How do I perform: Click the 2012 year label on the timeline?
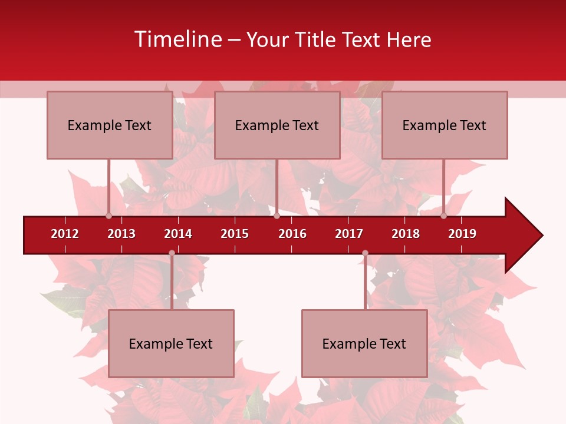click(x=65, y=234)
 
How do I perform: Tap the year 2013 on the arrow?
click(x=121, y=234)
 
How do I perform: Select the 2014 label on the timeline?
click(x=178, y=234)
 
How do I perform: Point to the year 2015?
click(x=235, y=234)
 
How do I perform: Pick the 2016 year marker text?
click(x=292, y=234)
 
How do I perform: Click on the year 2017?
click(x=349, y=234)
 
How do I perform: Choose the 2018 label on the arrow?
click(x=406, y=234)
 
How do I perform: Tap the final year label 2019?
click(x=462, y=234)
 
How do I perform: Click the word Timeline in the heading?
click(x=177, y=39)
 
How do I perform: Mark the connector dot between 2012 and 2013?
click(x=108, y=216)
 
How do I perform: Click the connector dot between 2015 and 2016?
click(x=277, y=216)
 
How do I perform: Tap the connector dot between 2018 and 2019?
click(x=443, y=216)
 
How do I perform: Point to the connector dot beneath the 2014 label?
click(x=172, y=253)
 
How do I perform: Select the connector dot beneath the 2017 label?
click(x=365, y=253)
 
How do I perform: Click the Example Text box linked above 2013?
click(x=110, y=125)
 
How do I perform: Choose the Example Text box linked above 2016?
click(x=277, y=125)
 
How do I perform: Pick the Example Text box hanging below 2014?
click(x=171, y=343)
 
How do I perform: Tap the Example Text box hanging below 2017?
click(x=364, y=343)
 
